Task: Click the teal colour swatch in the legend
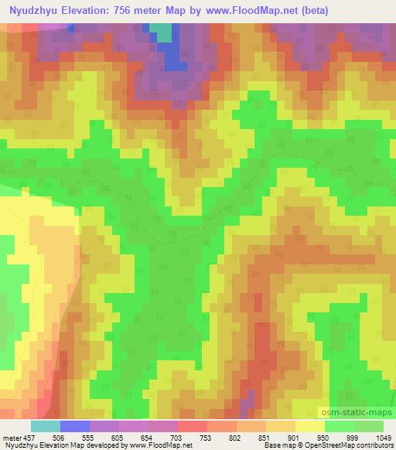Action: pyautogui.click(x=46, y=426)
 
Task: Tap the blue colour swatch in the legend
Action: pyautogui.click(x=75, y=426)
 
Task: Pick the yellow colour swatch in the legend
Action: pyautogui.click(x=309, y=426)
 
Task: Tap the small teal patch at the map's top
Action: pyautogui.click(x=162, y=32)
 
